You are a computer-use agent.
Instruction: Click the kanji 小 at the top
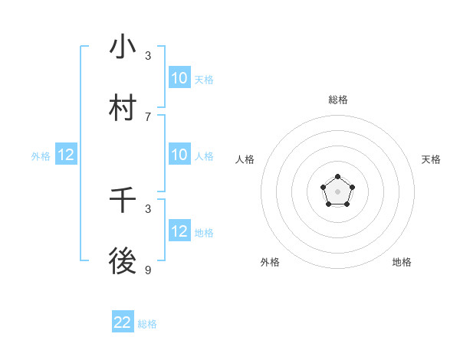[123, 47]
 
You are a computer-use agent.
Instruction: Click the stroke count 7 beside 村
[148, 116]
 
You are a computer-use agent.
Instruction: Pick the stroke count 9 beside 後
[148, 270]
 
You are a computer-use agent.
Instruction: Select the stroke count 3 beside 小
[148, 55]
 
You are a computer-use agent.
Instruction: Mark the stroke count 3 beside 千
[148, 208]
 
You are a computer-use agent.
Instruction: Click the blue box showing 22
[123, 322]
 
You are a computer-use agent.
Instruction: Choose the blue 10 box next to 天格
[179, 78]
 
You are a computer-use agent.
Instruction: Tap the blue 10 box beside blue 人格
[179, 155]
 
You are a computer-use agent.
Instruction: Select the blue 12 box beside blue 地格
[179, 231]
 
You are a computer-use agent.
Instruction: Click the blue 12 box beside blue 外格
[66, 155]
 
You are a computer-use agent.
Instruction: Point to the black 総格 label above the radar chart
[338, 100]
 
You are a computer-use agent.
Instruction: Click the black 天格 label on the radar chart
[432, 159]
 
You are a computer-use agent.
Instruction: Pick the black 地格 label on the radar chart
[402, 262]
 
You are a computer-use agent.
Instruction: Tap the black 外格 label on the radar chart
[270, 262]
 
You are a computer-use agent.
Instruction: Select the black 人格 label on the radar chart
[245, 159]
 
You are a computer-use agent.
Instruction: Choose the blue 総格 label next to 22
[147, 324]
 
